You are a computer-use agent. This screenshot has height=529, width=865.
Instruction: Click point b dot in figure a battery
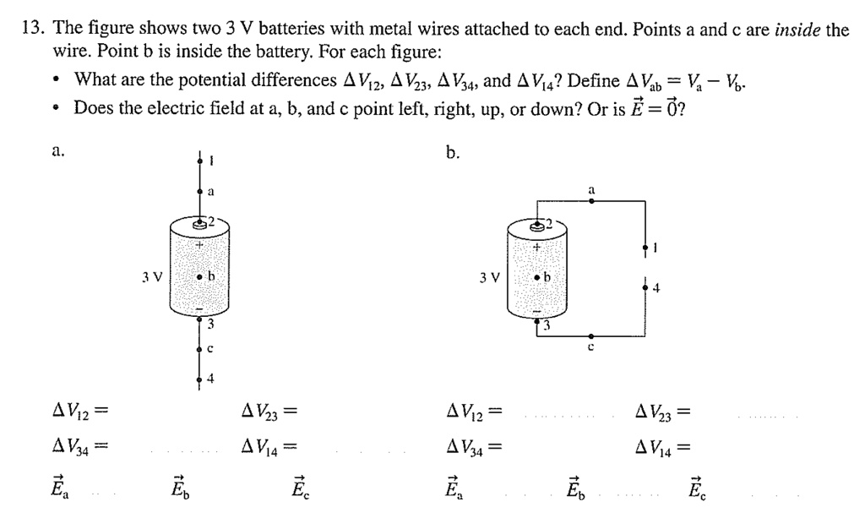pos(199,277)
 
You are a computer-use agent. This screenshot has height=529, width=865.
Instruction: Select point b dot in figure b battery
pos(536,277)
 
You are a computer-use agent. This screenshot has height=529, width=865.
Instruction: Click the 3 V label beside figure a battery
pos(153,276)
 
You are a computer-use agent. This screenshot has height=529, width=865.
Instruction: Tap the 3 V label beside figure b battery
pos(489,276)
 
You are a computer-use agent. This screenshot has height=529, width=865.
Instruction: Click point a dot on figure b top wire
pos(591,202)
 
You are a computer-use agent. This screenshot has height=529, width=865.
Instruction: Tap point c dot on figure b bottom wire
pos(591,335)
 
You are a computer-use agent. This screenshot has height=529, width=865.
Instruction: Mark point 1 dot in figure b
pos(646,248)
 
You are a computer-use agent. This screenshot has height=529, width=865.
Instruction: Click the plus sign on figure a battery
pos(199,245)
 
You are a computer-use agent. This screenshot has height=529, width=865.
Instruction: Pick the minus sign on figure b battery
pos(536,311)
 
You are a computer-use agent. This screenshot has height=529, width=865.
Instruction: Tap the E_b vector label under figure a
pos(177,488)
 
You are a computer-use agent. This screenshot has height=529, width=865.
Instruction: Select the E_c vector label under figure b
pos(697,488)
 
